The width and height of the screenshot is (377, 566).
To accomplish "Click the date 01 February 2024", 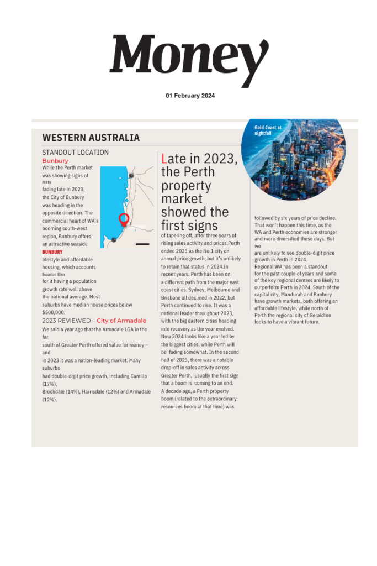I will (190, 96).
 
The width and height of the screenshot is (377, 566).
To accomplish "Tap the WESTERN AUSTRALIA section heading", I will (91, 138).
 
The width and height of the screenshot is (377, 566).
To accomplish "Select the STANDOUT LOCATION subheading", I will (75, 152).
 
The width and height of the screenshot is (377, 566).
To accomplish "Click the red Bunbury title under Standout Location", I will (55, 161).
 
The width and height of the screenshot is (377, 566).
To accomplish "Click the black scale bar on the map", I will (142, 244).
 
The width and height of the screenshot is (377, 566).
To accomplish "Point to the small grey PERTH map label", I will (46, 182).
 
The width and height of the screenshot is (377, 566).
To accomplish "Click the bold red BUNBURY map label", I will (52, 252).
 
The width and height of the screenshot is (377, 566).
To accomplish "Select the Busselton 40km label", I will (54, 274).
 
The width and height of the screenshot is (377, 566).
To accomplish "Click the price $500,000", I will (54, 312).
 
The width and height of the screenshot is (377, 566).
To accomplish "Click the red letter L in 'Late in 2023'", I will (164, 159).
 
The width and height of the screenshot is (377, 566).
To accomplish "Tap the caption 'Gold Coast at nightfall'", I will (268, 130).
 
